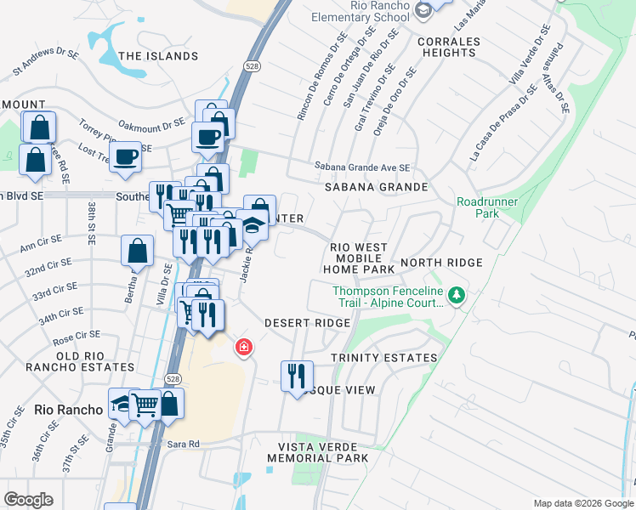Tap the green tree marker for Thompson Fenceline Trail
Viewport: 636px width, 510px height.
(457, 295)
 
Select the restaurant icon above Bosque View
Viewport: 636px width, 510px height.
(297, 375)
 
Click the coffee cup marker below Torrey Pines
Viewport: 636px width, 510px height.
(126, 156)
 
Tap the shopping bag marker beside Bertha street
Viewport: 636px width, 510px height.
(138, 252)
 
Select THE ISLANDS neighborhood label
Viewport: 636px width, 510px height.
(158, 56)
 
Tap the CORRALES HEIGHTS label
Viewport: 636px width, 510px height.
(449, 47)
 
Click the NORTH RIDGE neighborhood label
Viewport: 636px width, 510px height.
(441, 263)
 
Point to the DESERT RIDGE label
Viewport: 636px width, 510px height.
(307, 323)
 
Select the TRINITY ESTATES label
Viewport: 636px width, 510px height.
(383, 358)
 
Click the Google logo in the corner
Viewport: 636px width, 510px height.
(28, 500)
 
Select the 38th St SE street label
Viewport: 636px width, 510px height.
(91, 223)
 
